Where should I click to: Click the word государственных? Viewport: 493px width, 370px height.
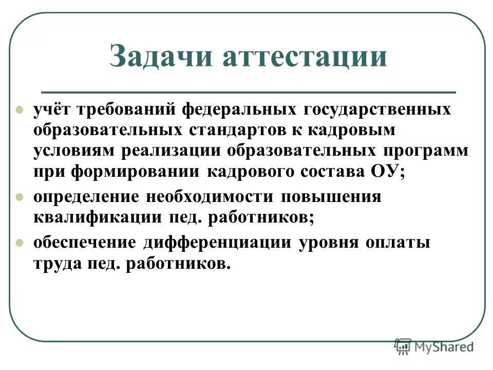[377, 109]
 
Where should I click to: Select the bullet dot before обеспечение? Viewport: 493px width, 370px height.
[20, 242]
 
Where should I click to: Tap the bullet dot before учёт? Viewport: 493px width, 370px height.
[20, 109]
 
